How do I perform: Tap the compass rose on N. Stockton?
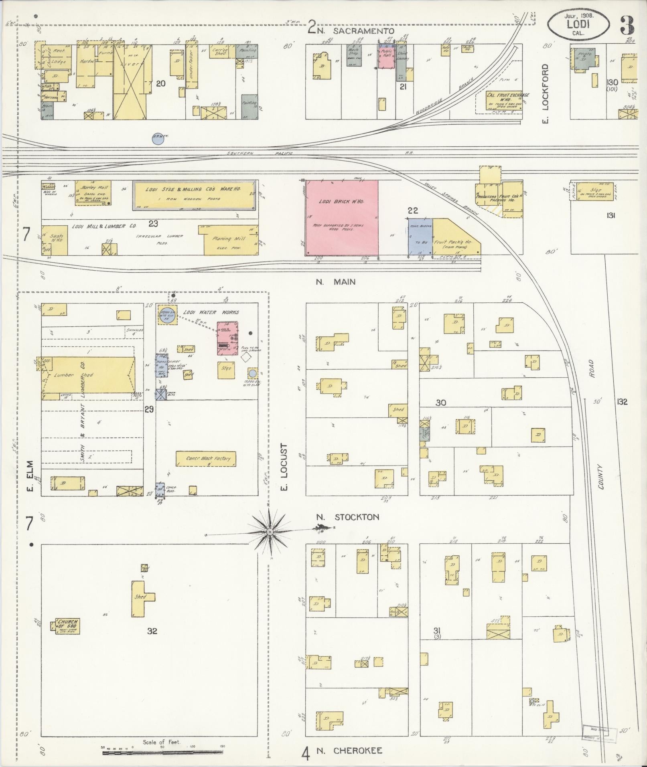click(270, 532)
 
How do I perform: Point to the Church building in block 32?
click(66, 637)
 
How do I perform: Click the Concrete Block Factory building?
click(206, 459)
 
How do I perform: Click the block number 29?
click(149, 409)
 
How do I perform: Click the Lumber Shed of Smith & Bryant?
click(88, 375)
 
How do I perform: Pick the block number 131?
click(611, 215)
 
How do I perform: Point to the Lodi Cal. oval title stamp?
click(578, 25)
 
